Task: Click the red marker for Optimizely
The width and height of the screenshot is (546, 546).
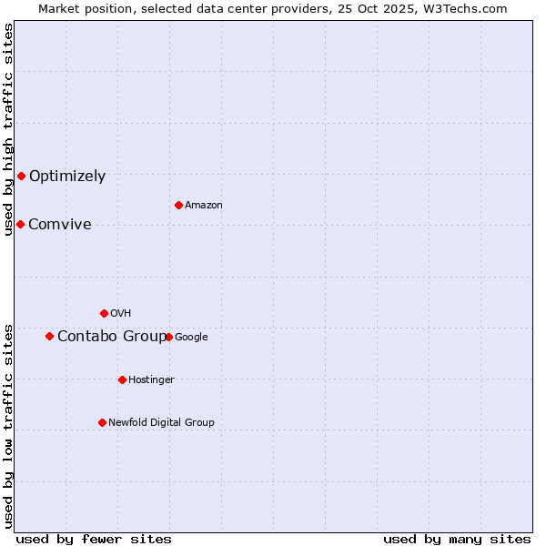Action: coord(21,176)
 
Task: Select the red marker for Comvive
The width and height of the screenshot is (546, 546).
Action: coord(20,224)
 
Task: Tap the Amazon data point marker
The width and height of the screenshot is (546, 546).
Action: coord(178,205)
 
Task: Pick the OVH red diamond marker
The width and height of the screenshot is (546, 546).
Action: coord(104,313)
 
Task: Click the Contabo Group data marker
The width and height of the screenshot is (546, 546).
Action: coord(49,336)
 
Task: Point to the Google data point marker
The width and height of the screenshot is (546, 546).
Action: coord(168,337)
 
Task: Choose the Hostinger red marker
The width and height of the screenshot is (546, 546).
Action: coord(122,379)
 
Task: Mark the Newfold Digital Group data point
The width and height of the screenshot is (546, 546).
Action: coord(102,422)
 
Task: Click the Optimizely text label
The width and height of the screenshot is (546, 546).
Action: coord(67,177)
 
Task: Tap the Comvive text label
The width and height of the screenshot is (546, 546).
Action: coord(60,225)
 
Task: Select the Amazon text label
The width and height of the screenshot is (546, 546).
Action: coord(204,206)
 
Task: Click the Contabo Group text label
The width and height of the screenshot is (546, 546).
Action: coord(112,337)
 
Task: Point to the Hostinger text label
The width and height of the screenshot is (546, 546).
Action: coord(151,380)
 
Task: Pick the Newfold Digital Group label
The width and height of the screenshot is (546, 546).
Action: coord(161,423)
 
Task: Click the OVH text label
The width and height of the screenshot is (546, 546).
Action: coord(121,314)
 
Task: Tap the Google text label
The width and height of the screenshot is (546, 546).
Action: coord(191,338)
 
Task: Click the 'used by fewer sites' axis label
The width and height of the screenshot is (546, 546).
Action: coord(94,539)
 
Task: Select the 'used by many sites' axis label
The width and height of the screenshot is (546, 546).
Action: coord(457,539)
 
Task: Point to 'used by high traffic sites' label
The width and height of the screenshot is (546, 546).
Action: coord(9,129)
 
